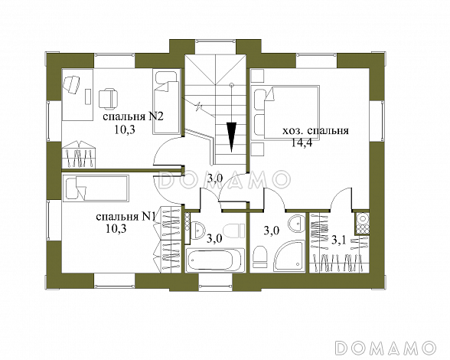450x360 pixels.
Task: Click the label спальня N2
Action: [133, 117]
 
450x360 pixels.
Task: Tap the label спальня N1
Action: [126, 217]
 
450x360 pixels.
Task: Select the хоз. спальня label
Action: [315, 131]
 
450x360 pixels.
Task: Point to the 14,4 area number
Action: [301, 142]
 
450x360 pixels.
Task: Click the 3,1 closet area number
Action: [339, 239]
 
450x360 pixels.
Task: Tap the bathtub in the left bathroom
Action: [214, 260]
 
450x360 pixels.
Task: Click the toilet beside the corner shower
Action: [260, 257]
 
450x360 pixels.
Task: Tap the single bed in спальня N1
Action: [96, 188]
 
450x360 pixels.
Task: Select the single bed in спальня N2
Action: [167, 103]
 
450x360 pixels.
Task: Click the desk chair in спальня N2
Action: [108, 99]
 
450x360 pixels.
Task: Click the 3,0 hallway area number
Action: [215, 178]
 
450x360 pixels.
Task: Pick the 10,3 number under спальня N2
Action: [125, 130]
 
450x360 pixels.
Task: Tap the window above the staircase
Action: [216, 41]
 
